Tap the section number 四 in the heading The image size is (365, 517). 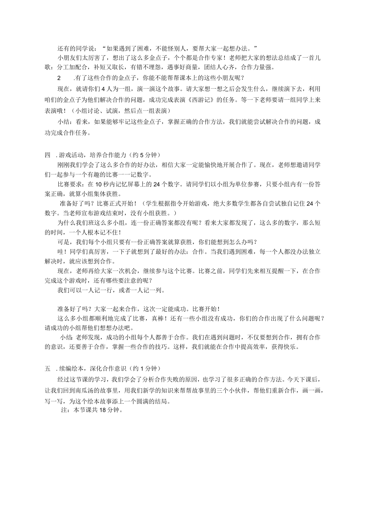point(48,155)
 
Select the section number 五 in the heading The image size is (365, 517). point(48,368)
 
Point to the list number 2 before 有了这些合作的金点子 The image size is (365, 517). point(60,77)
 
